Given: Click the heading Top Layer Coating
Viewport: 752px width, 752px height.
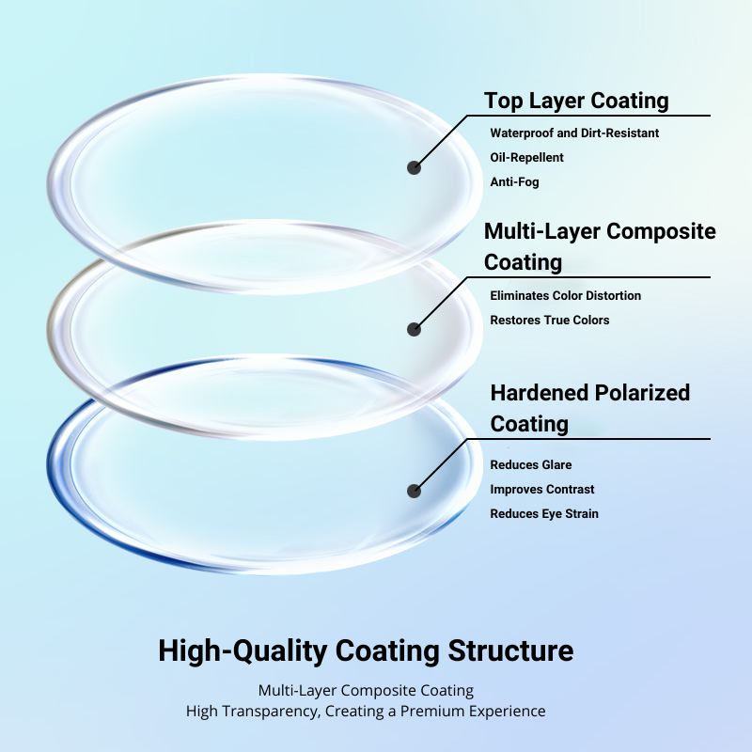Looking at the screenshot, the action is (576, 102).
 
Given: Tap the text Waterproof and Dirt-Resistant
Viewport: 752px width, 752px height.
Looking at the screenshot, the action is (574, 133).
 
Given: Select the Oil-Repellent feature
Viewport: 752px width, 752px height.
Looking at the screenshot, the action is (526, 157).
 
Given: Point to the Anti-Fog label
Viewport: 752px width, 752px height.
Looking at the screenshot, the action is (514, 181).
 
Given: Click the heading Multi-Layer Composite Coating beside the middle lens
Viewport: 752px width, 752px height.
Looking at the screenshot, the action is (600, 246).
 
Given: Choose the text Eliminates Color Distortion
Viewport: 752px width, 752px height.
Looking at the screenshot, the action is (566, 295).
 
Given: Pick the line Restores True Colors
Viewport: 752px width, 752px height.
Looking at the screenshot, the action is (550, 320).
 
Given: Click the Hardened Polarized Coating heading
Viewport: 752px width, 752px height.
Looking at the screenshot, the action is (590, 408).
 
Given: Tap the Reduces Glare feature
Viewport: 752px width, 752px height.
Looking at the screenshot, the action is (531, 464).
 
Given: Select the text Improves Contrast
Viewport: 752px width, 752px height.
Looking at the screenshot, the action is (542, 489).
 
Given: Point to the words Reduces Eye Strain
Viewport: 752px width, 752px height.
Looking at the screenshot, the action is (544, 513).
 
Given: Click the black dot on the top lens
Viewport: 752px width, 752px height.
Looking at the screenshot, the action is (414, 167).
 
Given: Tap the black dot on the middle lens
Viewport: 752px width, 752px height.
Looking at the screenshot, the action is (414, 329).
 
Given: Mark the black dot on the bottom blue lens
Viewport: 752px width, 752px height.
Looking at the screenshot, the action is (414, 491).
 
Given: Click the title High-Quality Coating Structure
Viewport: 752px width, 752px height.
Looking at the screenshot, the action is (366, 650).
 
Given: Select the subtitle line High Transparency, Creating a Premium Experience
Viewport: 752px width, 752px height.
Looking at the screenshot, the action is (366, 711).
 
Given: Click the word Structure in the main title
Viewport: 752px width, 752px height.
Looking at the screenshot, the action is (510, 650).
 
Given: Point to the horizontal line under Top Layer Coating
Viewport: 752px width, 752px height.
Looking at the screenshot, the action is (589, 115).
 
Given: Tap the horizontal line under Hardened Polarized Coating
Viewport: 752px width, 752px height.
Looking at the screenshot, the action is (589, 438).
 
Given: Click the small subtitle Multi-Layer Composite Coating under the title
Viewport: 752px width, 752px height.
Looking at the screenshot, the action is (366, 691).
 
